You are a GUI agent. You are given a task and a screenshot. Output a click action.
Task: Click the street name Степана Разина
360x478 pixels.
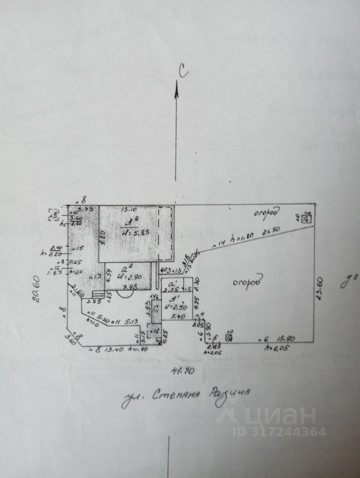(x=186, y=397)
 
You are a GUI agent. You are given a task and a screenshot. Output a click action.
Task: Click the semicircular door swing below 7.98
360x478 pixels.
(x=124, y=294)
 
